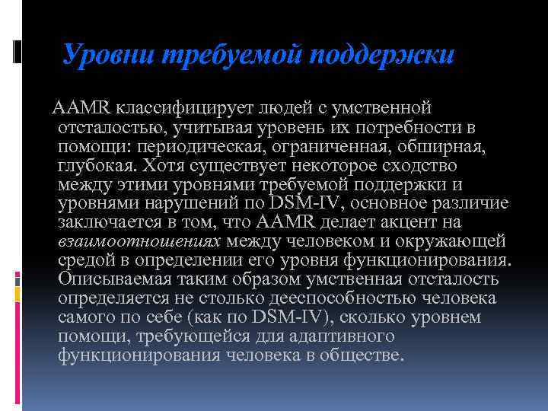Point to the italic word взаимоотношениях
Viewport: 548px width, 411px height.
click(x=139, y=242)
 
